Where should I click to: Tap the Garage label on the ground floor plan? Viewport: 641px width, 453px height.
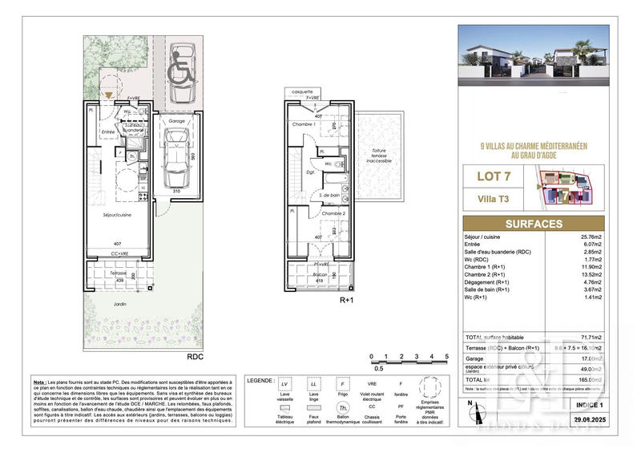pos(176,121)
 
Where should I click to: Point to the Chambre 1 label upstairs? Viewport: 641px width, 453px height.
pos(302,124)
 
